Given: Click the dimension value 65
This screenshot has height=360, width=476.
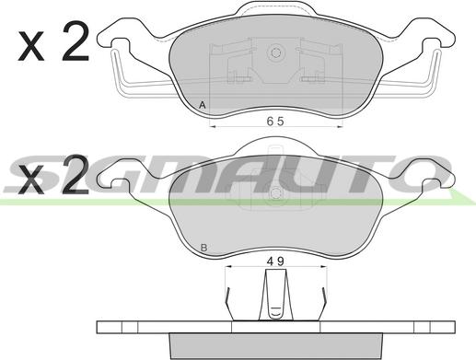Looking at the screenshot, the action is (x=275, y=122).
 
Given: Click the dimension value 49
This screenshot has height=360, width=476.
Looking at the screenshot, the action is (x=275, y=261).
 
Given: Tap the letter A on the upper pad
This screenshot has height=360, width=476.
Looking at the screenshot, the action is (x=202, y=105).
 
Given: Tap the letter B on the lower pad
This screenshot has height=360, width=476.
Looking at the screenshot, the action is (x=203, y=248).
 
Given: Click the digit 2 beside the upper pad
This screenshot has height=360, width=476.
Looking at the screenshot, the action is (x=75, y=41).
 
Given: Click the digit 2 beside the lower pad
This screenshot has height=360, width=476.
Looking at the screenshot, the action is (x=75, y=174).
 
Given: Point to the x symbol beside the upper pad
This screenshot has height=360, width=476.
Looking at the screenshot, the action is (x=31, y=46).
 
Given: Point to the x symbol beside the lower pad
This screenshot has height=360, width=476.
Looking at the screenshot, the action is (x=31, y=180).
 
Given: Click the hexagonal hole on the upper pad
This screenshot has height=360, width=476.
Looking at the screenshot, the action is (x=275, y=52).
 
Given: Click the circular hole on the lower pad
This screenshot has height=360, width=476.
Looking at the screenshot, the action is (x=275, y=193).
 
